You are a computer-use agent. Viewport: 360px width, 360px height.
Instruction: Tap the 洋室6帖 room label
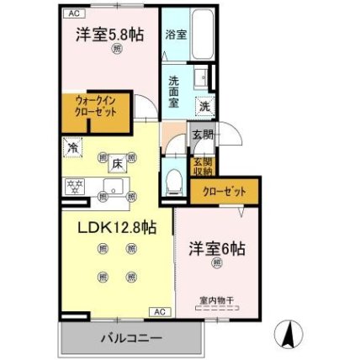point(217,250)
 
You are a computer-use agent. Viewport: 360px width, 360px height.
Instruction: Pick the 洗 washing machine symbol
point(204,106)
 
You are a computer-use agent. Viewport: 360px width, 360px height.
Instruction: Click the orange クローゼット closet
point(223,192)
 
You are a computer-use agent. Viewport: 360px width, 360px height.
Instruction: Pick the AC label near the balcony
point(157,312)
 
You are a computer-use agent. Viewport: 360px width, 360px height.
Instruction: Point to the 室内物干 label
point(216,299)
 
